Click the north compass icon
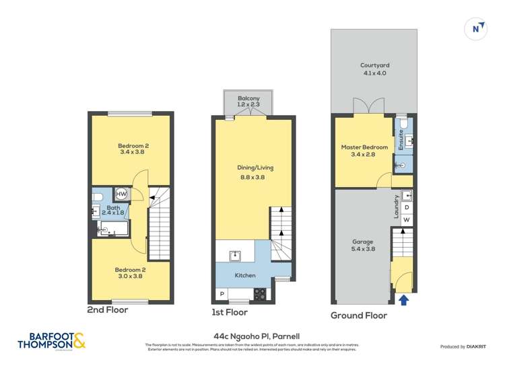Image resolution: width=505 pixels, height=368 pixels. point(477,28)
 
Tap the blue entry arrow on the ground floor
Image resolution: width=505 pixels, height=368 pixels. point(403,300)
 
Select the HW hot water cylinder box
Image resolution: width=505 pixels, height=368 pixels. point(121,194)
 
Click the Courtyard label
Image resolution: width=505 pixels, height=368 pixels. point(374,69)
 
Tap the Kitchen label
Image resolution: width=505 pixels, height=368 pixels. point(244,276)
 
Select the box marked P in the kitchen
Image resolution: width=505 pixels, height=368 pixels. point(222,294)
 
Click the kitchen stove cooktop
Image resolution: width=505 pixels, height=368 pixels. point(260,293)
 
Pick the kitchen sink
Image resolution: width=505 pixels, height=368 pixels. point(235,256)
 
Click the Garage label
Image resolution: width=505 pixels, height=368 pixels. point(363,245)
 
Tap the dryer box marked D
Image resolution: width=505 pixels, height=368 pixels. point(407,207)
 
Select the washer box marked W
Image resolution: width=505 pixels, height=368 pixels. point(407,220)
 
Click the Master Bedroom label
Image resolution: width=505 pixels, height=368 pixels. point(364,151)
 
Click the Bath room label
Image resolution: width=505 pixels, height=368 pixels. point(114,211)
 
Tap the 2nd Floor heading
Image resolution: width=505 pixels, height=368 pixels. point(108,310)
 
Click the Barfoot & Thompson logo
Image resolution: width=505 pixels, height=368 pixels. point(52,340)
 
